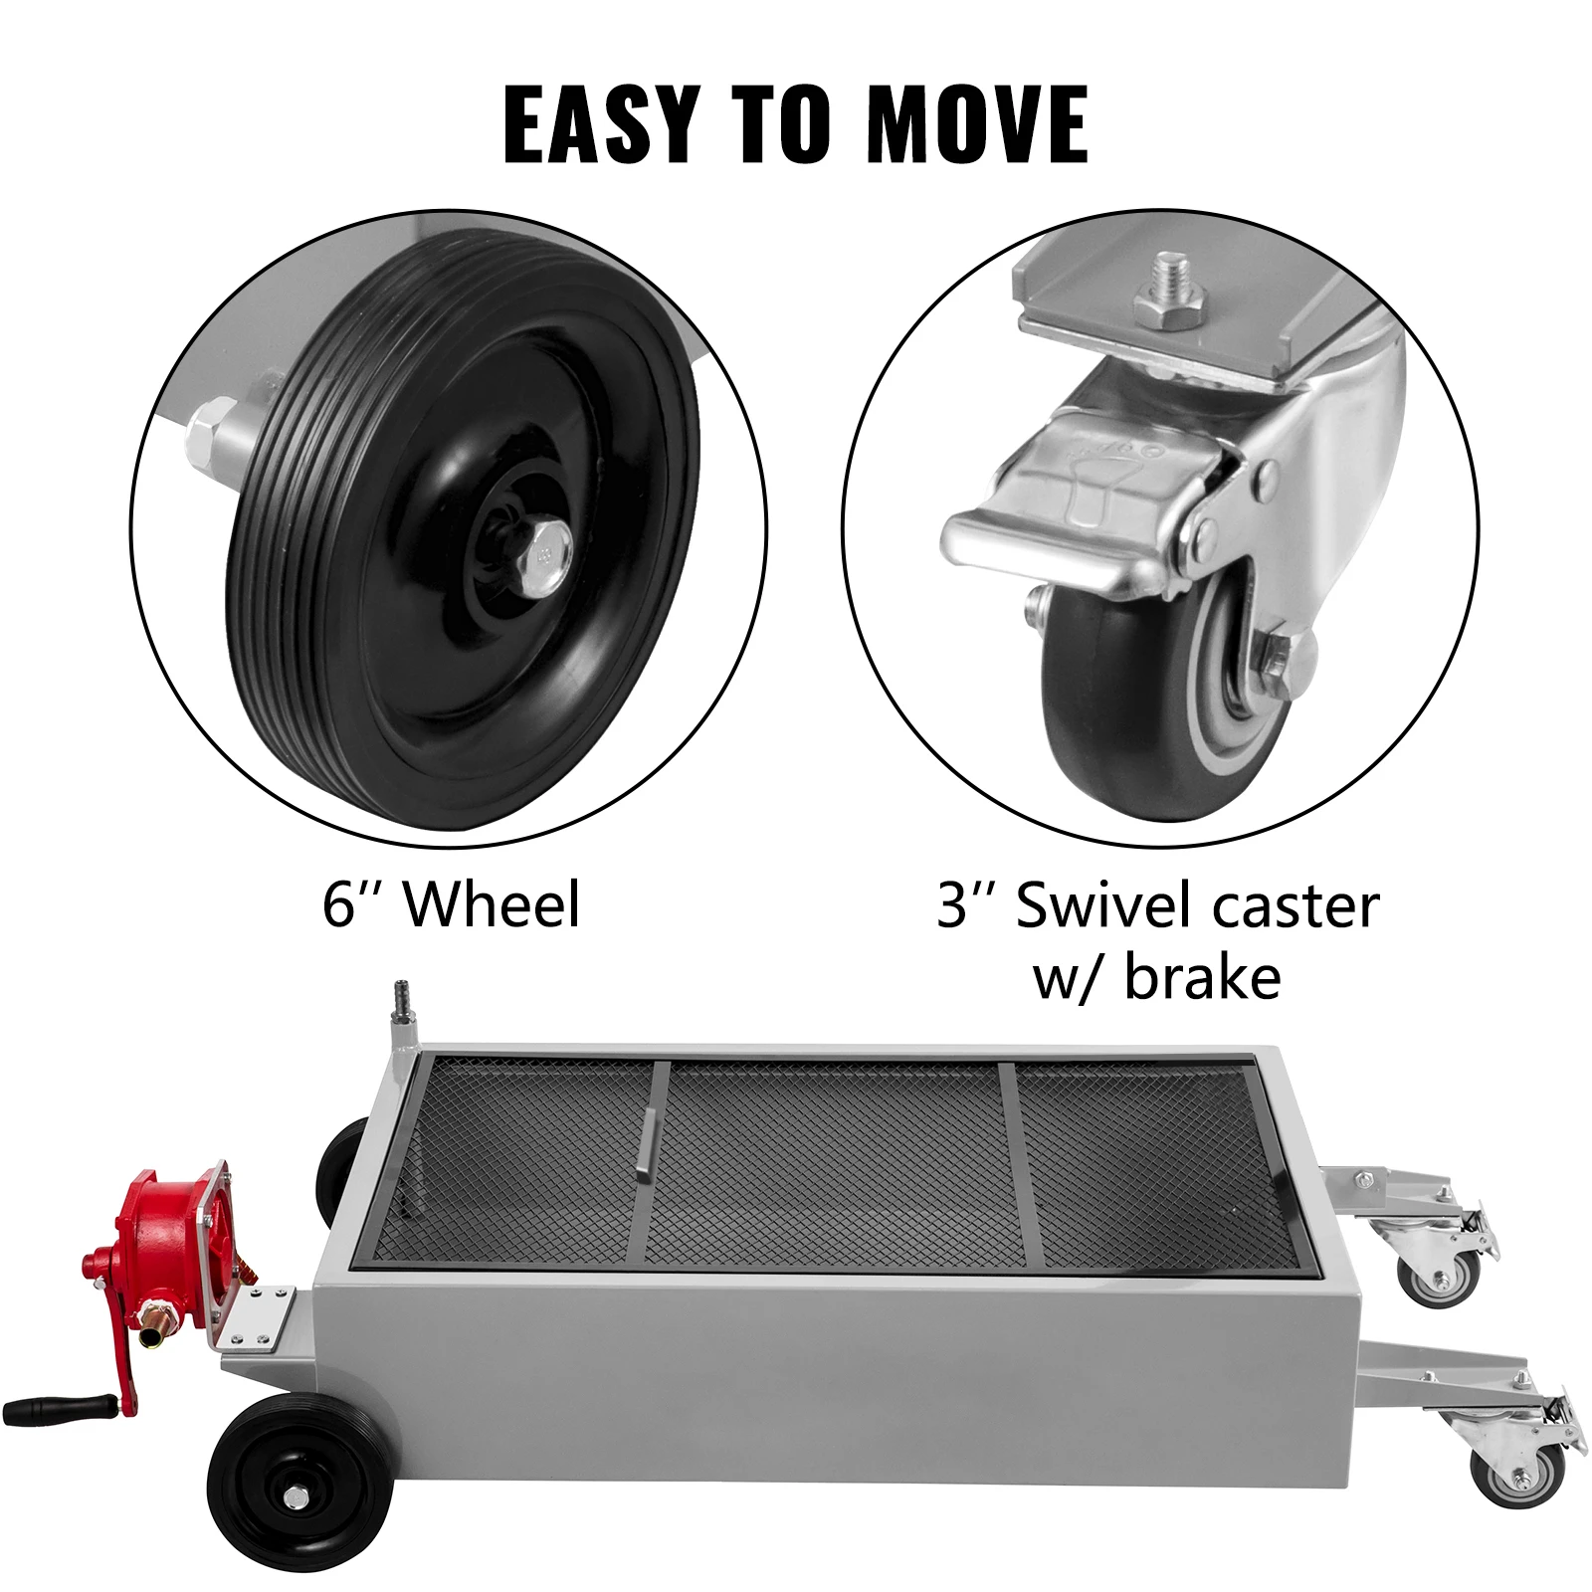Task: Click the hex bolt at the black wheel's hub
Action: coord(547,549)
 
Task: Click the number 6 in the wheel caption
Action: coord(339,904)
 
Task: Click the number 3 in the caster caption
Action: coord(953,904)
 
